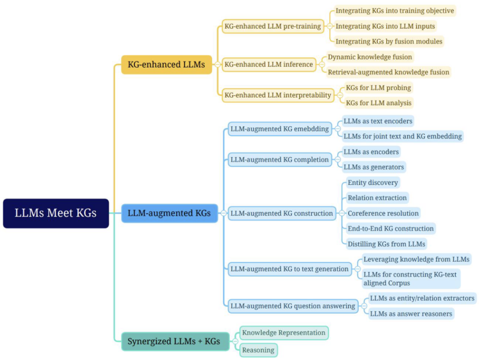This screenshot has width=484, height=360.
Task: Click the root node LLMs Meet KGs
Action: click(x=56, y=213)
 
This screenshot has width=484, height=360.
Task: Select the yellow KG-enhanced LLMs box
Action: click(x=166, y=64)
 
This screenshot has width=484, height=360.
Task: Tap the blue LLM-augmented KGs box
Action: click(x=169, y=213)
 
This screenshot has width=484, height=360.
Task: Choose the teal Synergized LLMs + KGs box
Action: click(x=174, y=341)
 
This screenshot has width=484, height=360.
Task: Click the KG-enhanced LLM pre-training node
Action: click(x=273, y=26)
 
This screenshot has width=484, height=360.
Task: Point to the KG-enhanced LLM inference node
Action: click(x=268, y=64)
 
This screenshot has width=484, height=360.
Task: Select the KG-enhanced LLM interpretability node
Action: click(x=278, y=95)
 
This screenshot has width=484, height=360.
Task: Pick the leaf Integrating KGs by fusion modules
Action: click(x=389, y=41)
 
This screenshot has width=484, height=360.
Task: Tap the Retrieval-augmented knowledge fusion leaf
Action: click(x=388, y=72)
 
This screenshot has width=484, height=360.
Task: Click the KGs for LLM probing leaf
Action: click(x=378, y=87)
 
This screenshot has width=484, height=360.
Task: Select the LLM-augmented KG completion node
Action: click(x=279, y=160)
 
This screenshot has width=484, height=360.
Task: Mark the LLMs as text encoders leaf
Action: click(x=377, y=121)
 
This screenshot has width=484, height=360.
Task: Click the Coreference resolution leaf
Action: click(x=383, y=213)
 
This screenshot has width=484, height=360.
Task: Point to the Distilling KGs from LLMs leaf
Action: click(x=386, y=244)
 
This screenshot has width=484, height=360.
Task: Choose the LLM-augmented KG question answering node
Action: click(x=293, y=306)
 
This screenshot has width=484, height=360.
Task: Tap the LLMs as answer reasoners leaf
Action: click(x=411, y=314)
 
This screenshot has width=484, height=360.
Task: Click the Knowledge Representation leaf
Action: click(x=284, y=333)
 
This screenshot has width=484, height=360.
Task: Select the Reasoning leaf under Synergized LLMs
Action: click(x=258, y=350)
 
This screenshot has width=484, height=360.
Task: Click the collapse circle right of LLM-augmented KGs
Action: click(x=223, y=213)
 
